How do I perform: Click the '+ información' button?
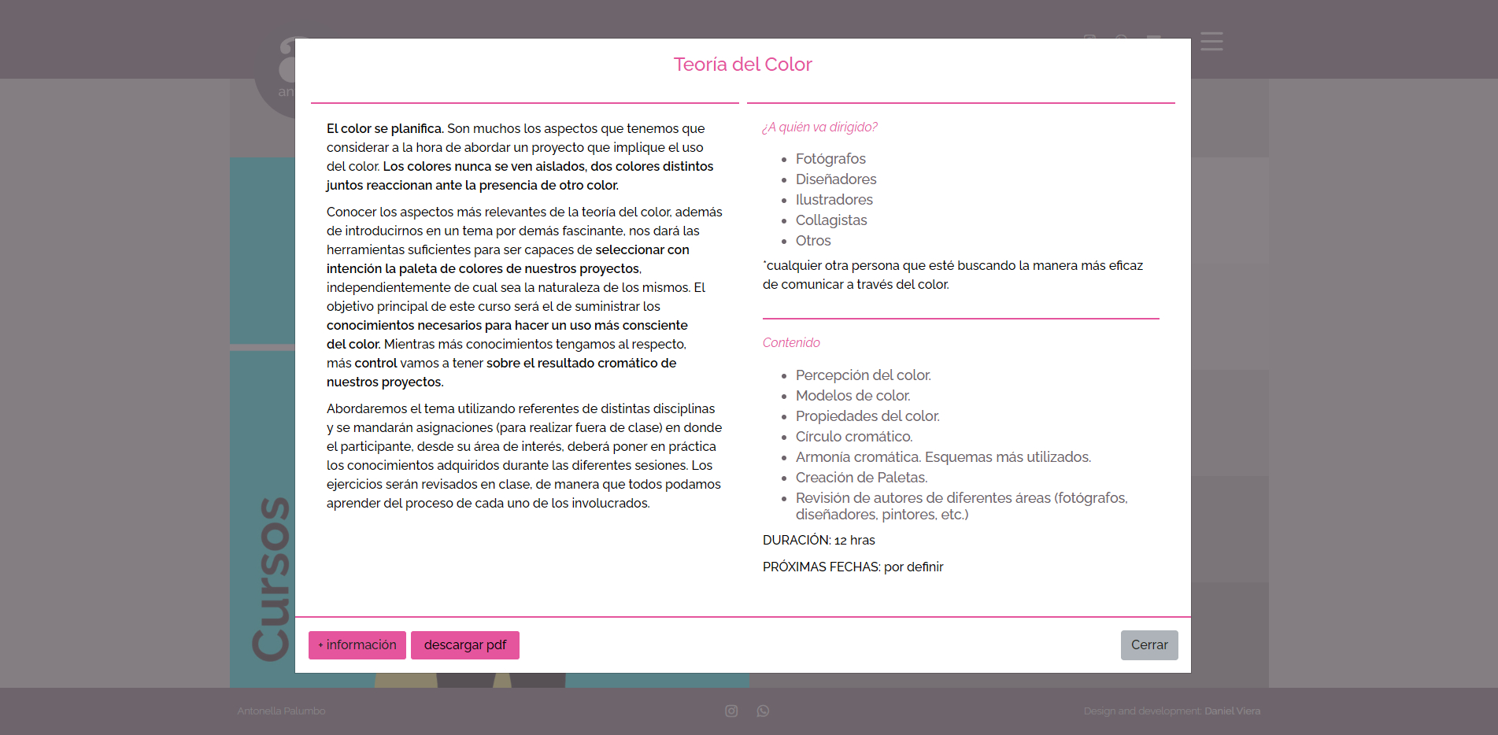point(357,645)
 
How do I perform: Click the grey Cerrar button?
point(1149,645)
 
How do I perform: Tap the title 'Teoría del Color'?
point(742,65)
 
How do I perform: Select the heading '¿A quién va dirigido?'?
point(819,127)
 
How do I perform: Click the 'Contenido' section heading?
point(791,343)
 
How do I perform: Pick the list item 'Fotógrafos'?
point(830,159)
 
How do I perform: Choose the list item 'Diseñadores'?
point(836,179)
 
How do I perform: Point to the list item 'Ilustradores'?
point(834,200)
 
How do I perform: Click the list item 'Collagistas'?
point(831,220)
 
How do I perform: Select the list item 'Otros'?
point(813,241)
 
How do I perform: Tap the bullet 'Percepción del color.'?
point(863,375)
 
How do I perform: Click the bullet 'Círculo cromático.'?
point(854,437)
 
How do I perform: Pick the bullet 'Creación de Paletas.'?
point(861,478)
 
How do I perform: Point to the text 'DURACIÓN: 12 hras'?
point(819,541)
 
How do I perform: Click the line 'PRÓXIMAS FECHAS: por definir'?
point(853,567)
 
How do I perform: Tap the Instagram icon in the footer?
point(731,711)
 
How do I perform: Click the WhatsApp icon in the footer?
point(763,711)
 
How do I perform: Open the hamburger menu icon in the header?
point(1211,42)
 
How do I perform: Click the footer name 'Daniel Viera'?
point(1232,711)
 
